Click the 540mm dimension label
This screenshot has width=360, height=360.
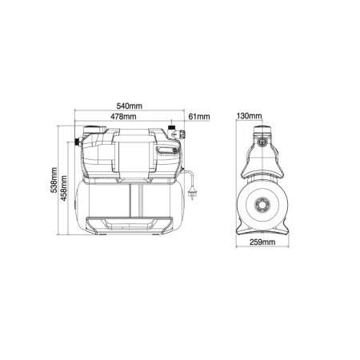click(130, 106)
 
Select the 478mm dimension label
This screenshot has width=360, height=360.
click(123, 117)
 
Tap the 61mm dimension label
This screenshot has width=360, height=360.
click(199, 117)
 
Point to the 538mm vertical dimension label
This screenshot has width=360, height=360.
click(54, 180)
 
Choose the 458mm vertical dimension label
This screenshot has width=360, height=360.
click(64, 188)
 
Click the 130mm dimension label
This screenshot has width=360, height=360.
click(249, 116)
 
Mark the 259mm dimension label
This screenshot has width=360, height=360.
click(262, 242)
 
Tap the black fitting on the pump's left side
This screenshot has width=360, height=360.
click(78, 142)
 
